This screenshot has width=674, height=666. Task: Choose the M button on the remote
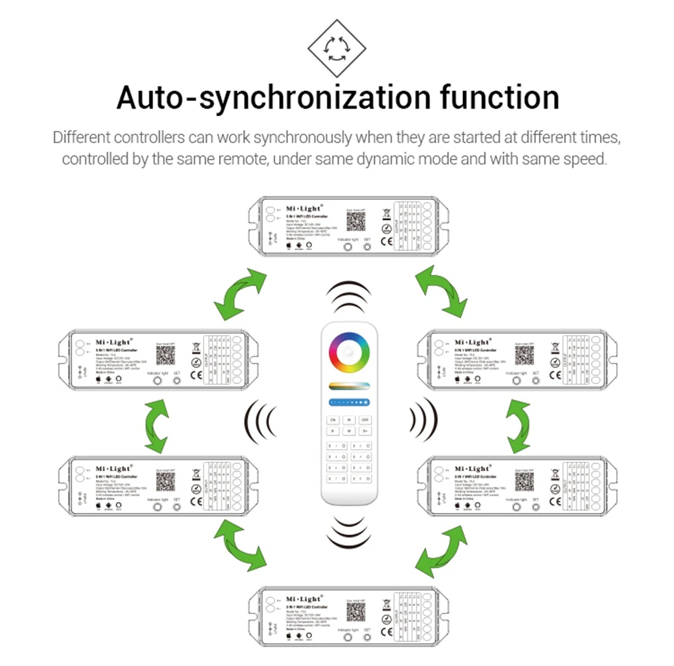tap(348, 430)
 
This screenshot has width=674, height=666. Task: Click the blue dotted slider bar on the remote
tap(348, 402)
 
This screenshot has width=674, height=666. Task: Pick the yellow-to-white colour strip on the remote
tap(348, 386)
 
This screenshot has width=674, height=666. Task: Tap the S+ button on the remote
tap(365, 430)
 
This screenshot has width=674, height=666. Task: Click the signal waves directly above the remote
tap(348, 297)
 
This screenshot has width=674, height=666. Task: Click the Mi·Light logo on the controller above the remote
tap(304, 209)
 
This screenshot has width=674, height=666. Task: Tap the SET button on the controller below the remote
tap(367, 636)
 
